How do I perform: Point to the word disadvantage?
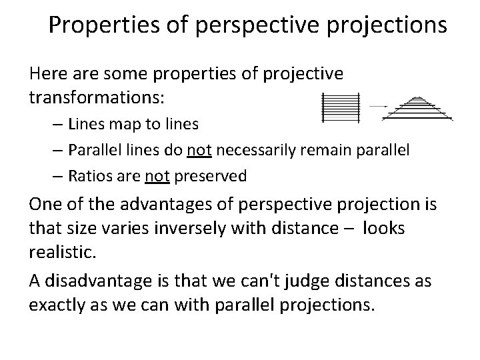[x=93, y=281]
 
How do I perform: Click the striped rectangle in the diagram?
[x=341, y=107]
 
